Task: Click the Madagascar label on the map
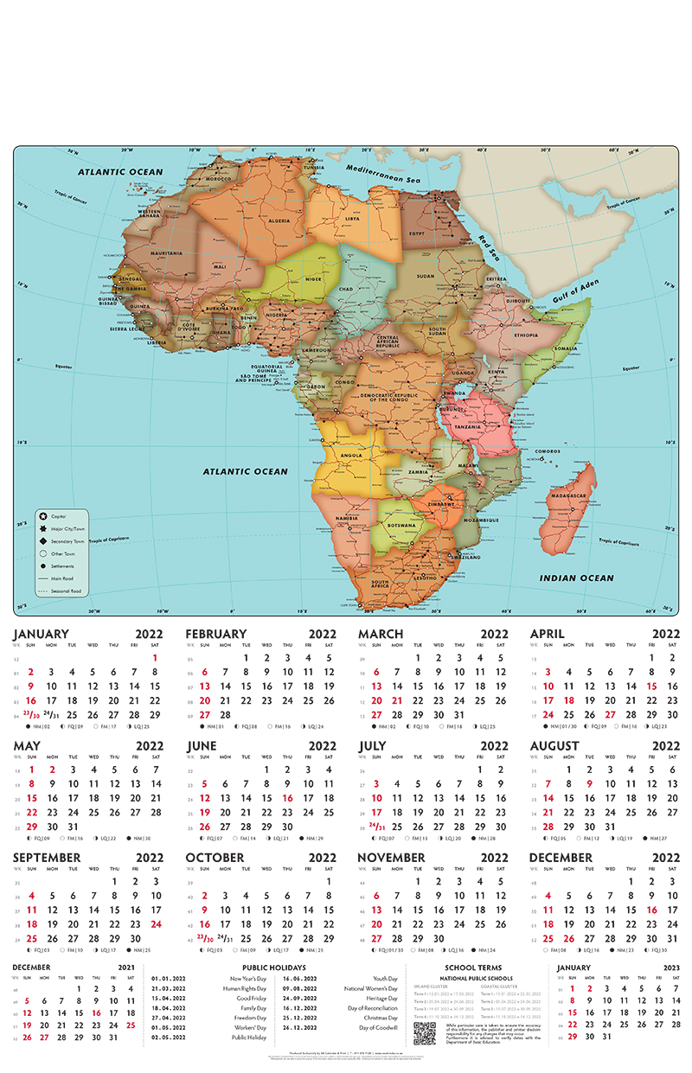coord(568,495)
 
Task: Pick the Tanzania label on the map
coord(468,427)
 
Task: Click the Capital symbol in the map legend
coord(42,515)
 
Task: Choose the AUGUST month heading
coord(554,745)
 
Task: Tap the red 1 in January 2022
coord(155,657)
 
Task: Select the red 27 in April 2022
coord(611,714)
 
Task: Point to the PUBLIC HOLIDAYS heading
coord(273,968)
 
